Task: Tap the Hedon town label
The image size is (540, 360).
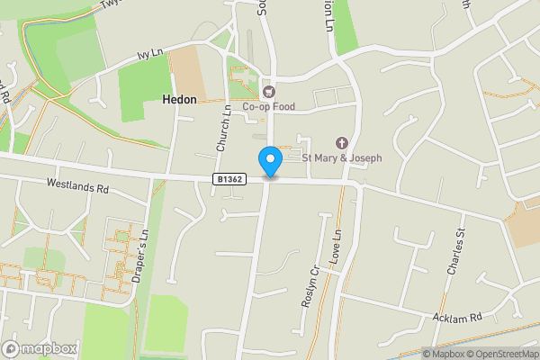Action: coord(179,100)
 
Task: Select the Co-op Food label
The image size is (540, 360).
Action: coord(268,106)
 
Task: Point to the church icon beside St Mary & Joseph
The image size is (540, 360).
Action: coord(341,143)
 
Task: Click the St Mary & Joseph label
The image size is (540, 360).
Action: coord(341,158)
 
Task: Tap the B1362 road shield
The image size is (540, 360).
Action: coord(229,180)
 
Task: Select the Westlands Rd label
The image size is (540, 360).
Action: coord(77,189)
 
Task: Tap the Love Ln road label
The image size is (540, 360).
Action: coord(337,247)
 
